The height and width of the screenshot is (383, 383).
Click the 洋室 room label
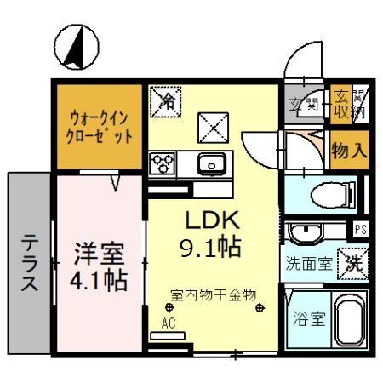click(x=99, y=254)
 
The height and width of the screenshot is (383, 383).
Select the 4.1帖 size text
click(x=99, y=280)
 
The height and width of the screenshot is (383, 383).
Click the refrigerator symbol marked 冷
click(x=165, y=103)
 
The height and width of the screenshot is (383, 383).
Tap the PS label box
click(x=361, y=229)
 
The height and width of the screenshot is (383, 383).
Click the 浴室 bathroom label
click(x=304, y=323)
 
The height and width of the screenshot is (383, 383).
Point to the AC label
click(x=169, y=323)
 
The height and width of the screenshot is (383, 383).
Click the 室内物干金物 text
click(x=214, y=294)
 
